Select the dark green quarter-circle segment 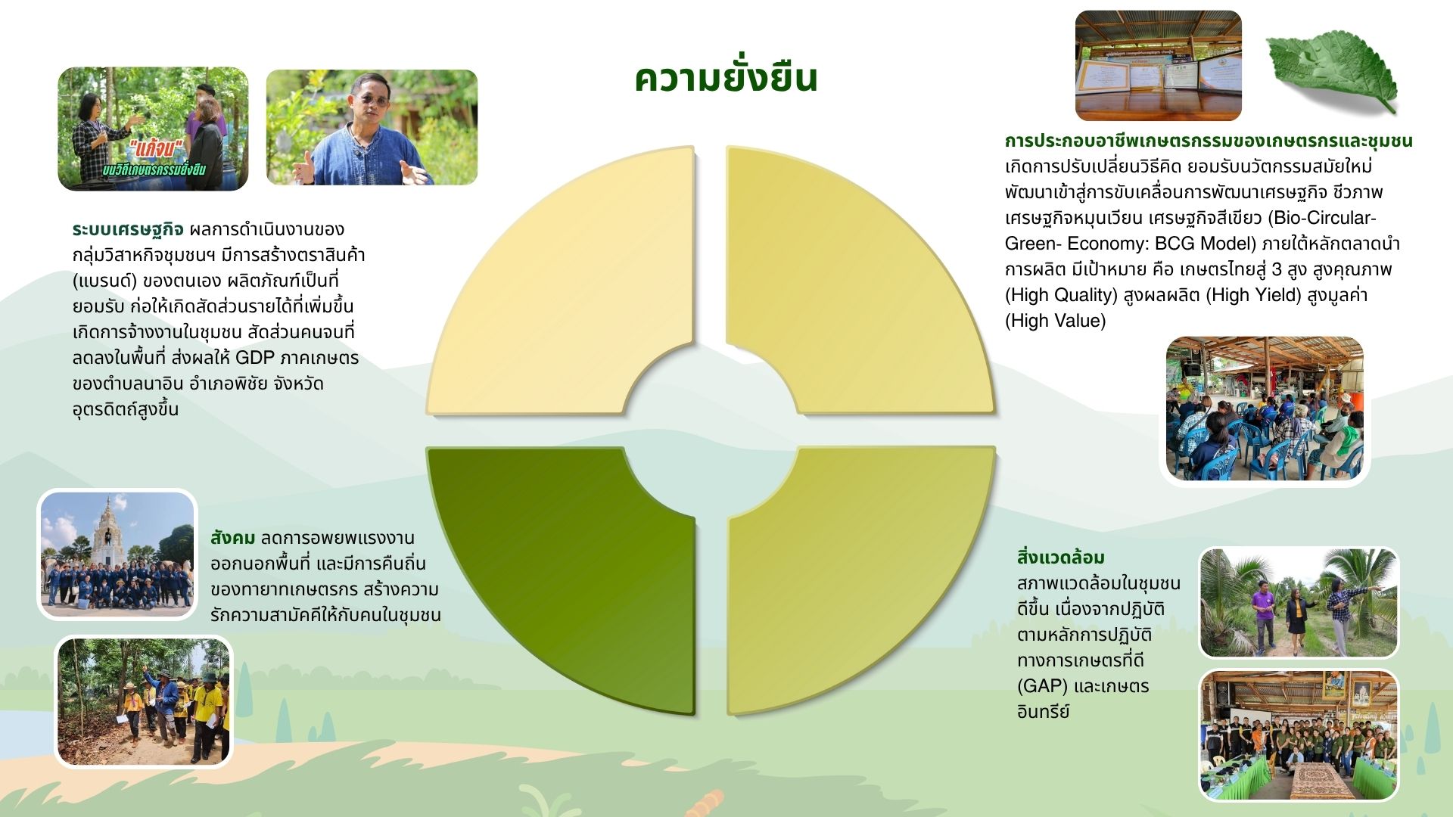tap(575, 575)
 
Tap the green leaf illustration tap(1332, 71)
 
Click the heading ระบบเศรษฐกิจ tap(128, 229)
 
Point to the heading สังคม tap(232, 538)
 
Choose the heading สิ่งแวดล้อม tap(1060, 558)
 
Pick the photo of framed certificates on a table tap(1158, 66)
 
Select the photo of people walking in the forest tap(144, 702)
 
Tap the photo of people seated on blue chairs tap(1264, 408)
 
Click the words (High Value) tap(1055, 321)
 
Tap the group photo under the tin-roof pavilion tap(1299, 735)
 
